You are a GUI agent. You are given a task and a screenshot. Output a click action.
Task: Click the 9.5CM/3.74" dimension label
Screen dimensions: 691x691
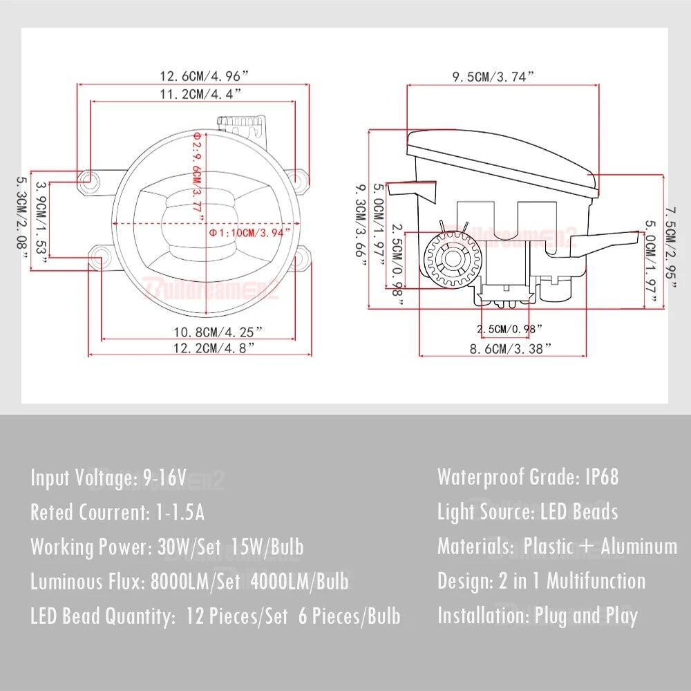[x=494, y=77]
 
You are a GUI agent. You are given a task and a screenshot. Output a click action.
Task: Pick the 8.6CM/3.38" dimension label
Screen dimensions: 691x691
[x=511, y=349]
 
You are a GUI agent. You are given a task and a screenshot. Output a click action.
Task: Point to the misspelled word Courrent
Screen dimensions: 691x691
[x=108, y=512]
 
